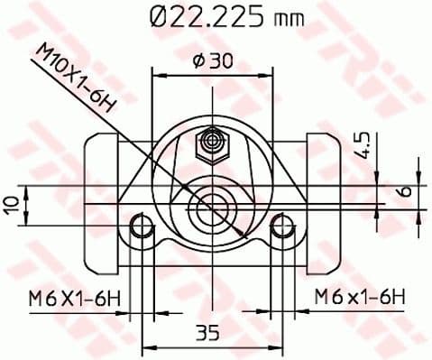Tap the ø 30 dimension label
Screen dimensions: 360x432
(x=212, y=60)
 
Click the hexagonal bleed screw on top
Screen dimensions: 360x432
(x=213, y=141)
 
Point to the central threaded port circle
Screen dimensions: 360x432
(x=213, y=208)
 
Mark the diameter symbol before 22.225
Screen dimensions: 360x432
(x=155, y=16)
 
